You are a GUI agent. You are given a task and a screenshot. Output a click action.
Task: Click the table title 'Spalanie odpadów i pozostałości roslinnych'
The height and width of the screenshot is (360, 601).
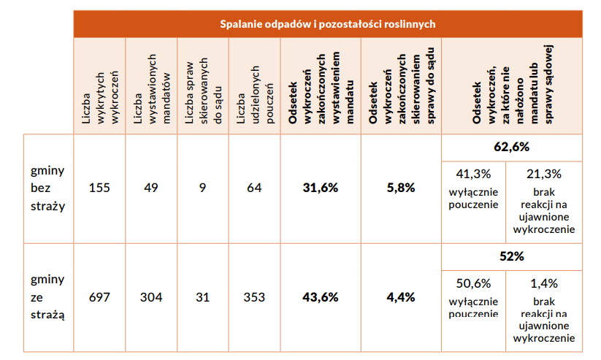328,24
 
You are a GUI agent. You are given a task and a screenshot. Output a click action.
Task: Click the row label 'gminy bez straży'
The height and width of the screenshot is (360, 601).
47,188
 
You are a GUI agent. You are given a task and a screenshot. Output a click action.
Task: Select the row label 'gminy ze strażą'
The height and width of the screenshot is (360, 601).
47,297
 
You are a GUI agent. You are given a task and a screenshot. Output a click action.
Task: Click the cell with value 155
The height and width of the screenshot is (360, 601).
99,188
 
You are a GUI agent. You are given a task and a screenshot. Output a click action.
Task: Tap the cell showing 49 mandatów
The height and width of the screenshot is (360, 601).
151,188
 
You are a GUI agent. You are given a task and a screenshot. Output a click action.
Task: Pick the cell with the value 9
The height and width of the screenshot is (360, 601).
202,188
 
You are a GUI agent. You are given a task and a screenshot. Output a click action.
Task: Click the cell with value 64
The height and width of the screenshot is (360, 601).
254,188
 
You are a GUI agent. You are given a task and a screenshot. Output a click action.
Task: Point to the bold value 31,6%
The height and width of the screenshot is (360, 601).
320,188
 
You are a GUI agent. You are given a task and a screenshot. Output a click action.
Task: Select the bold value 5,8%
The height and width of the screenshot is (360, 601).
401,188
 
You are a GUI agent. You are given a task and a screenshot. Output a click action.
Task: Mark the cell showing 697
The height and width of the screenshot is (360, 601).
99,297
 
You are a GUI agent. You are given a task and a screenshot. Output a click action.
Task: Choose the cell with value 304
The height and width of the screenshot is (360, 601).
151,297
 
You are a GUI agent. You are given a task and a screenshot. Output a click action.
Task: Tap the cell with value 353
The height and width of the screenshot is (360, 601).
254,297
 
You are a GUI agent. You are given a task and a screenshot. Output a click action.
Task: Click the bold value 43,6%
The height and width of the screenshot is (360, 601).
320,297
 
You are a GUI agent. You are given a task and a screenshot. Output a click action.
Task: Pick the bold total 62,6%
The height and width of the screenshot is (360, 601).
511,147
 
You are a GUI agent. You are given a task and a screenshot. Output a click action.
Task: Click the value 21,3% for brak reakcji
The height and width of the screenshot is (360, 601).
544,174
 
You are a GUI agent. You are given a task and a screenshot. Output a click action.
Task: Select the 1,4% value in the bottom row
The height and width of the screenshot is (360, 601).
544,283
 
